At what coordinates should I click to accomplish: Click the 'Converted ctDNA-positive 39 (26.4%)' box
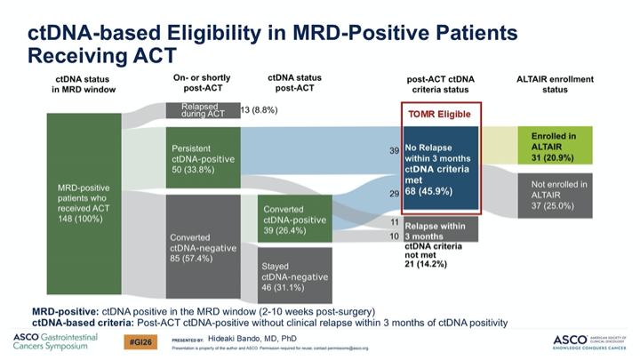pos(295,220)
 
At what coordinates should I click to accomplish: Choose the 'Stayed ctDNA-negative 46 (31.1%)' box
pos(295,276)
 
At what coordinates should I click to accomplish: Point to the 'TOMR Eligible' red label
pos(442,114)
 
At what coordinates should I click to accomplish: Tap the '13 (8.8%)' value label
pos(259,110)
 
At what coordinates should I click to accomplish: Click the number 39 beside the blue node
pos(394,151)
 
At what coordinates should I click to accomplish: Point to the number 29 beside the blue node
pos(394,193)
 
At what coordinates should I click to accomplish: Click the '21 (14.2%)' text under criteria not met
pos(425,264)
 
